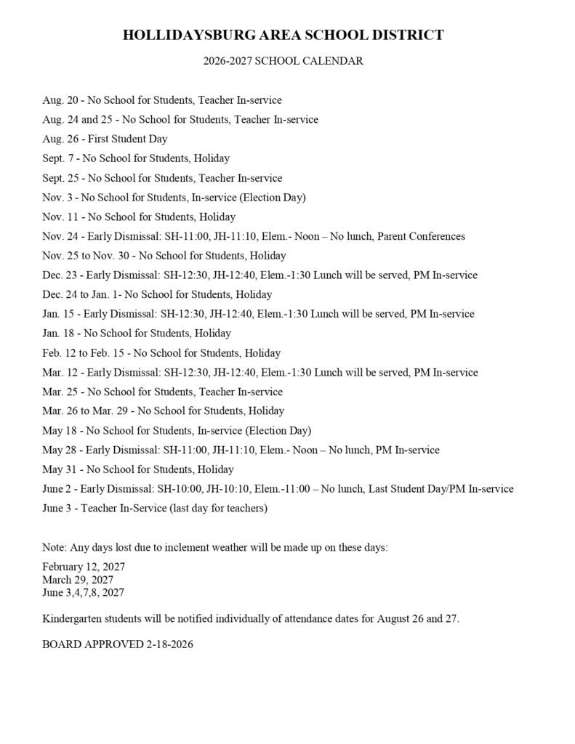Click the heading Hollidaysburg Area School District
tap(283, 35)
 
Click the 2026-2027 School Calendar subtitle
tap(283, 62)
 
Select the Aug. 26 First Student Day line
tap(105, 139)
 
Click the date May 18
tap(60, 430)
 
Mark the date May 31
tap(60, 469)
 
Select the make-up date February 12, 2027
tap(84, 566)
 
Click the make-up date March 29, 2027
tap(78, 580)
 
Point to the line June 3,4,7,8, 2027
tap(83, 593)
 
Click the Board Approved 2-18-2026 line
tap(117, 644)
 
